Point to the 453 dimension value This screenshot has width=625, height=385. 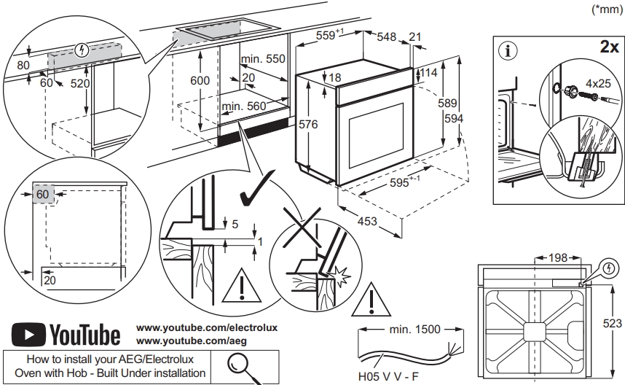point(367,221)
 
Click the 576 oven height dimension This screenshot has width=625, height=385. point(308,125)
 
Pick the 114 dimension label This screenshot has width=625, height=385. point(428,73)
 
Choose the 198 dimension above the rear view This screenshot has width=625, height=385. point(557,257)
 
